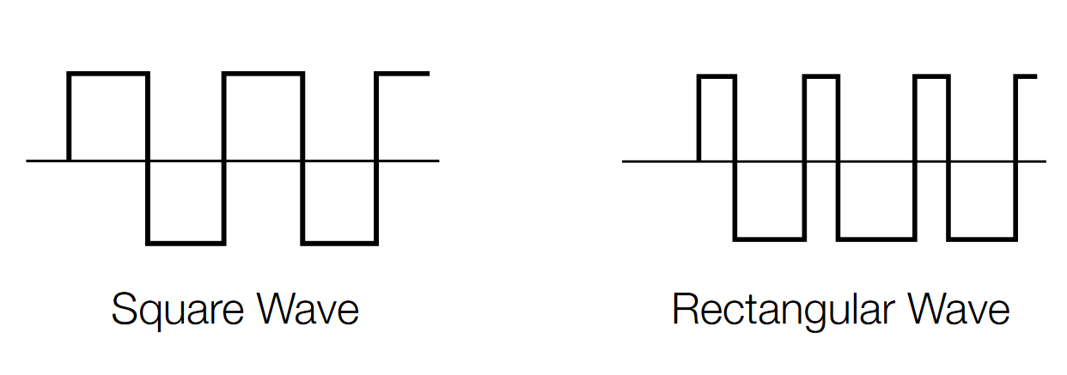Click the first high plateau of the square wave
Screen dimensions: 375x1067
(108, 75)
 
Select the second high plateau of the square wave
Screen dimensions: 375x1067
(263, 75)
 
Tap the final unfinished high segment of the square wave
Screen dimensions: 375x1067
(403, 75)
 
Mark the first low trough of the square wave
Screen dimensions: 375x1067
(186, 244)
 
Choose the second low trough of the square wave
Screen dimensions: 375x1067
(340, 244)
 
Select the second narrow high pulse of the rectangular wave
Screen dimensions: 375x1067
(821, 77)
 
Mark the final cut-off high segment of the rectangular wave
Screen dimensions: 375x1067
(1027, 76)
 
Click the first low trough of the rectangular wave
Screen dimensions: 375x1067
(770, 238)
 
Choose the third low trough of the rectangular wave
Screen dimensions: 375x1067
(984, 238)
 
